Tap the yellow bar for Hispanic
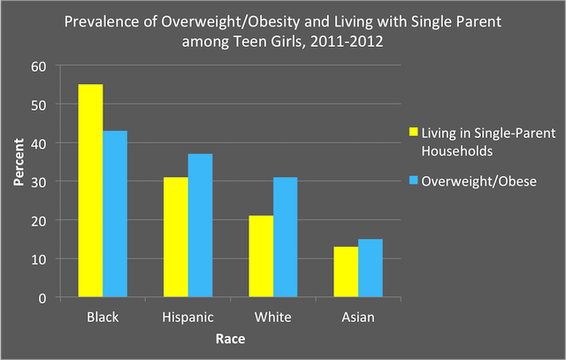click(175, 237)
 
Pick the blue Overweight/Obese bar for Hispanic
click(200, 226)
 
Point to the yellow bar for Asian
click(345, 272)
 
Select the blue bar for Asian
click(370, 268)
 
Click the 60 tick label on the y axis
click(38, 65)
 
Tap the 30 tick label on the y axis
click(38, 181)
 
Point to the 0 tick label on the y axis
click(42, 298)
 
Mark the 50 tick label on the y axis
click(38, 104)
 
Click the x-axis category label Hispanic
click(187, 317)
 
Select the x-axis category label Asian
click(357, 317)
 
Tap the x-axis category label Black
click(103, 317)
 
